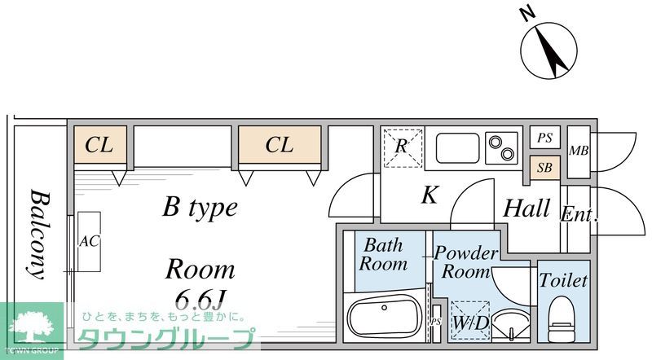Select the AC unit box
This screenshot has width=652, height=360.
click(89, 242)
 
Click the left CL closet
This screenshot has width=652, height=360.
click(99, 145)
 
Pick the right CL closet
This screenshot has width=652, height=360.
click(279, 145)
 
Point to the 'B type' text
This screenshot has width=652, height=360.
click(200, 207)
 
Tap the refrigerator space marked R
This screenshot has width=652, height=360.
click(403, 147)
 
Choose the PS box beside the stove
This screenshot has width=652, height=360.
click(544, 138)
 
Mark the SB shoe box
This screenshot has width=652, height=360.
click(544, 168)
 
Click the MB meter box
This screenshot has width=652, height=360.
click(579, 151)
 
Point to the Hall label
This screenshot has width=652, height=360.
click(526, 209)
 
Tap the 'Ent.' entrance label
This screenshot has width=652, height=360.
click(579, 216)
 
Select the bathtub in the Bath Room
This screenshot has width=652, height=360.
click(384, 318)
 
